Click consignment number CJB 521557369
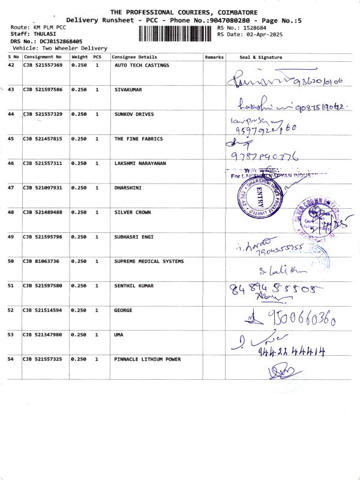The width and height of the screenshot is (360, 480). [x=43, y=65]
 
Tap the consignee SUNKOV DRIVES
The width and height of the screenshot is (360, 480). [x=134, y=114]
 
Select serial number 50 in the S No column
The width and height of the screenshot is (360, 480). [x=11, y=261]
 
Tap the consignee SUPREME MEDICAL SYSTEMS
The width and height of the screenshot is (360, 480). [x=149, y=261]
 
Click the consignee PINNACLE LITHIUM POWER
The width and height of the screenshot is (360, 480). [x=147, y=359]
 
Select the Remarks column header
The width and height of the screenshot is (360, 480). [x=214, y=57]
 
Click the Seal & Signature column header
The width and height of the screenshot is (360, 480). [x=260, y=57]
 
